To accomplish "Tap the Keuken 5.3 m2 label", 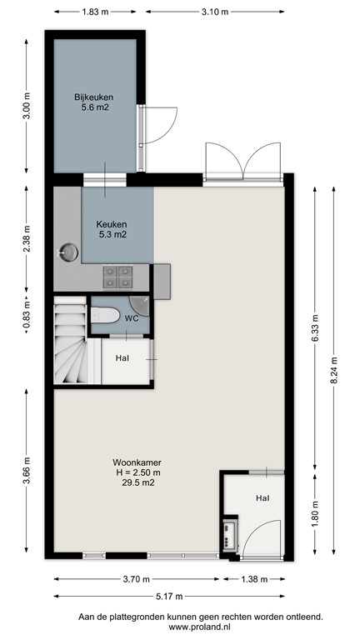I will [111, 229].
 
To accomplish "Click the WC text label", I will [132, 318].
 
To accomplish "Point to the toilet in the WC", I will [105, 314].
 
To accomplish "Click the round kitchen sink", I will [67, 251].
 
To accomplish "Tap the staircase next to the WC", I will [70, 342].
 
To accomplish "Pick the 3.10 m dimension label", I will [215, 12].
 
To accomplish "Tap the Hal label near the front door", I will [262, 498].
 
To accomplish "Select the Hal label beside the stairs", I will [122, 358].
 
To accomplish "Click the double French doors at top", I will [241, 159].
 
